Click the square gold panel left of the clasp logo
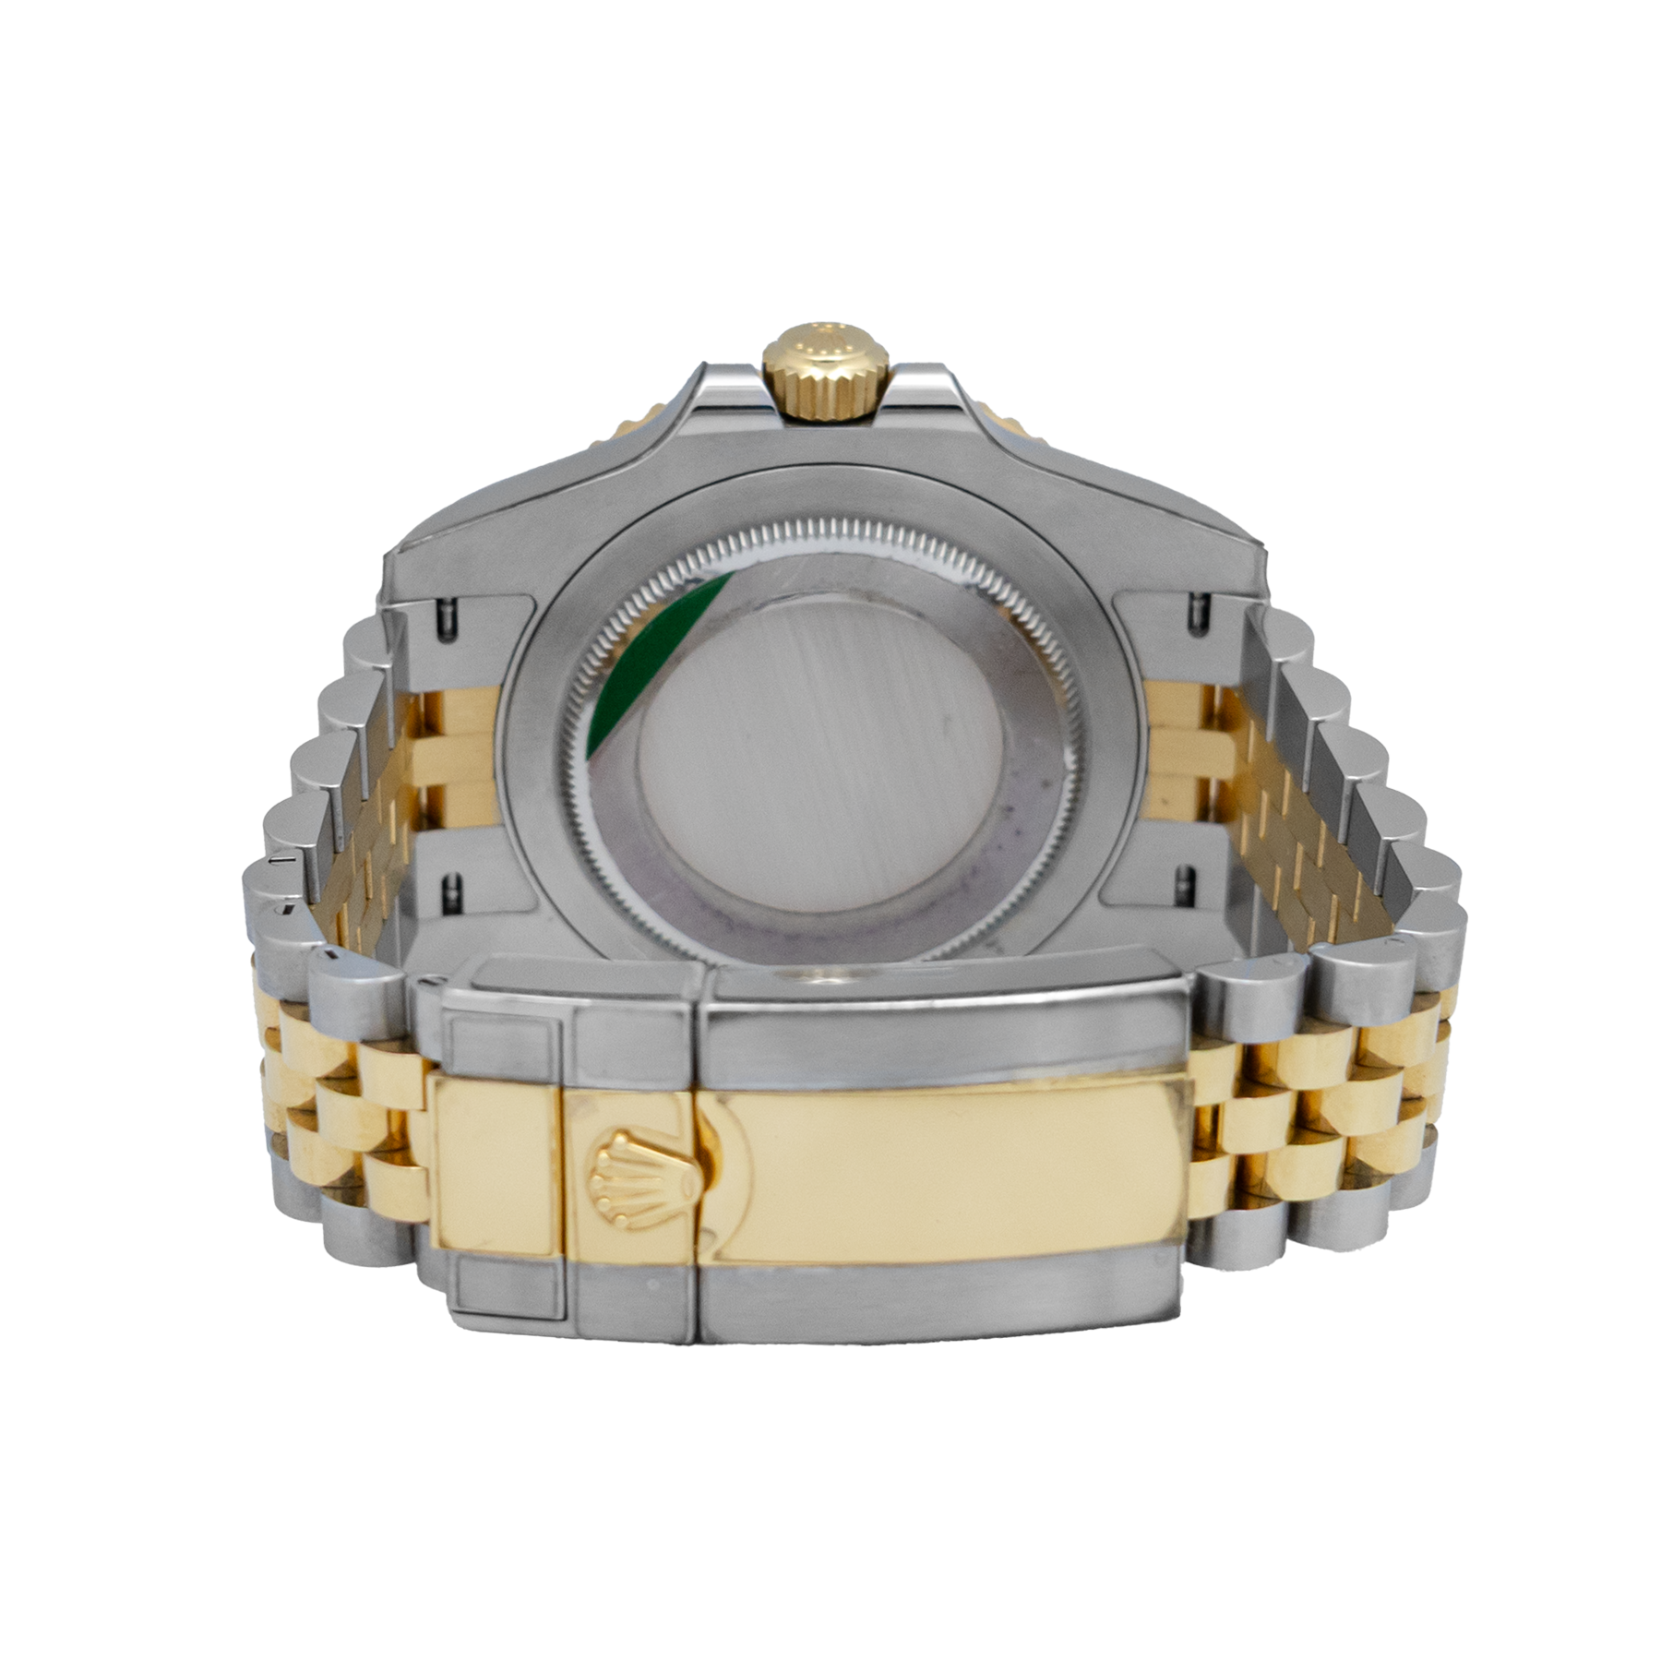click(x=496, y=1165)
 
